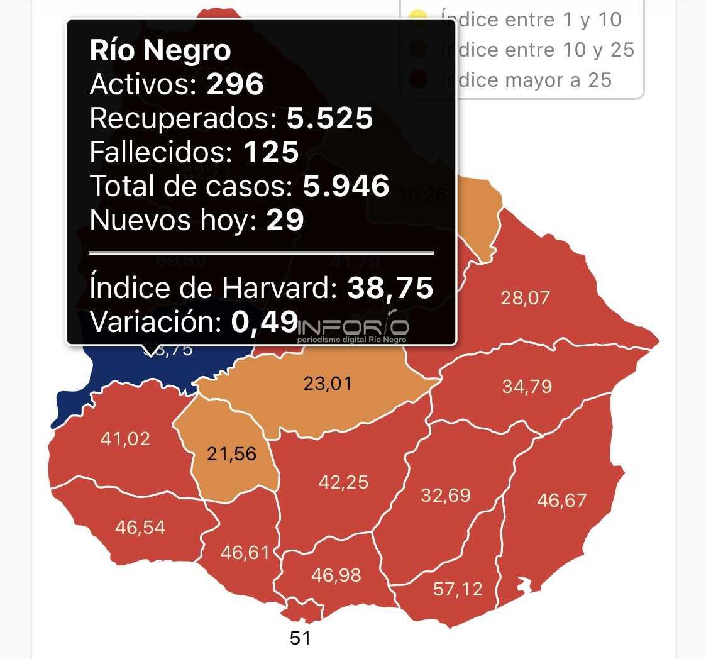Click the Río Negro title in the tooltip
[160, 51]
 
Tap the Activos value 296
[235, 84]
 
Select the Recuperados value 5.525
[330, 118]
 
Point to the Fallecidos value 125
[271, 152]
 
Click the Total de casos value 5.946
[346, 186]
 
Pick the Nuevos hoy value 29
[285, 220]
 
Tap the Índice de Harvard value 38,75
[390, 288]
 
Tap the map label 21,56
[232, 453]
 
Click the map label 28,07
[525, 297]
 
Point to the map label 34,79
[527, 386]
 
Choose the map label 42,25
[343, 482]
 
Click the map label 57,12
[458, 589]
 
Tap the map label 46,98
[336, 575]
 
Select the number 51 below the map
[300, 638]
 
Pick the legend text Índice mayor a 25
[526, 80]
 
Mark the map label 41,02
[125, 438]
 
